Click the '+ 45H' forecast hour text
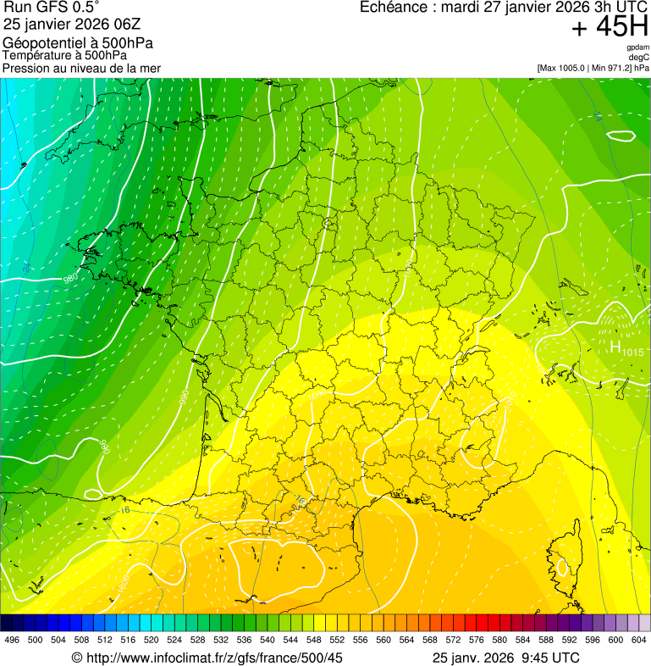click(610, 27)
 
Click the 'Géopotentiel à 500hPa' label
click(78, 42)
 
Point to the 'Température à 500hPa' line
click(64, 56)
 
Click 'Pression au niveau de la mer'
click(81, 68)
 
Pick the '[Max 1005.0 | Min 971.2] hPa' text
click(593, 68)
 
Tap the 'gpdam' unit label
click(637, 47)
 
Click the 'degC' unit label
click(639, 58)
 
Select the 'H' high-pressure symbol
click(615, 347)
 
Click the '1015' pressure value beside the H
click(633, 352)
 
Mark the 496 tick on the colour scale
click(12, 641)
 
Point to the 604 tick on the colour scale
click(638, 641)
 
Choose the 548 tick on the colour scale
click(313, 641)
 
